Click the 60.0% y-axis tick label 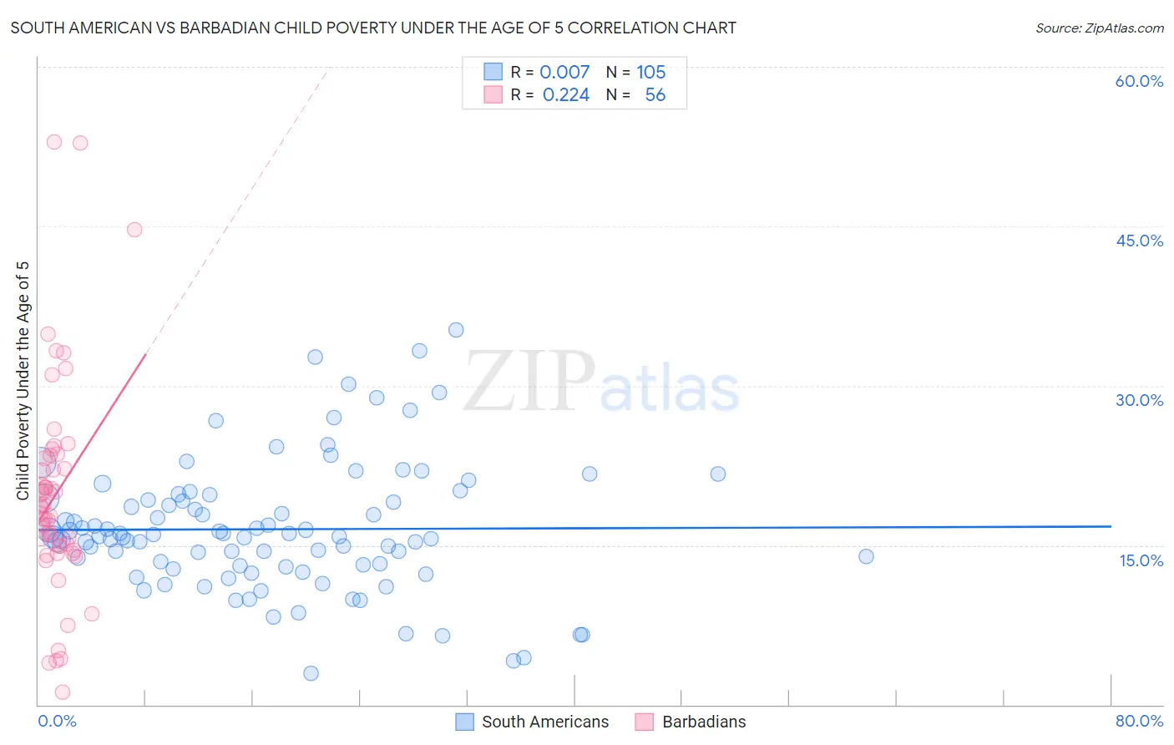coord(1139,81)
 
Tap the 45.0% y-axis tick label coord(1139,241)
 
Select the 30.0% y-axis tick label coord(1139,400)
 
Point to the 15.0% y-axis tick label coord(1141,560)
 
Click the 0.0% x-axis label coord(57,721)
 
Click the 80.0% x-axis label coord(1139,721)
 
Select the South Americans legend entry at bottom coord(533,722)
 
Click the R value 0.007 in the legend coord(564,73)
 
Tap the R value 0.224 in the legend coord(566,95)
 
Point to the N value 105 coord(651,73)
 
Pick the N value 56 coord(655,95)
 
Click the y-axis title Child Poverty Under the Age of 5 coord(23,381)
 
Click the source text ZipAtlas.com coord(1100,28)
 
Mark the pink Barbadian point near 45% coord(134,230)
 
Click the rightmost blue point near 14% coord(866,556)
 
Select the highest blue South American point coord(456,330)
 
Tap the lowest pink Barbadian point coord(63,692)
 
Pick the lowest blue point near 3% coord(311,673)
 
